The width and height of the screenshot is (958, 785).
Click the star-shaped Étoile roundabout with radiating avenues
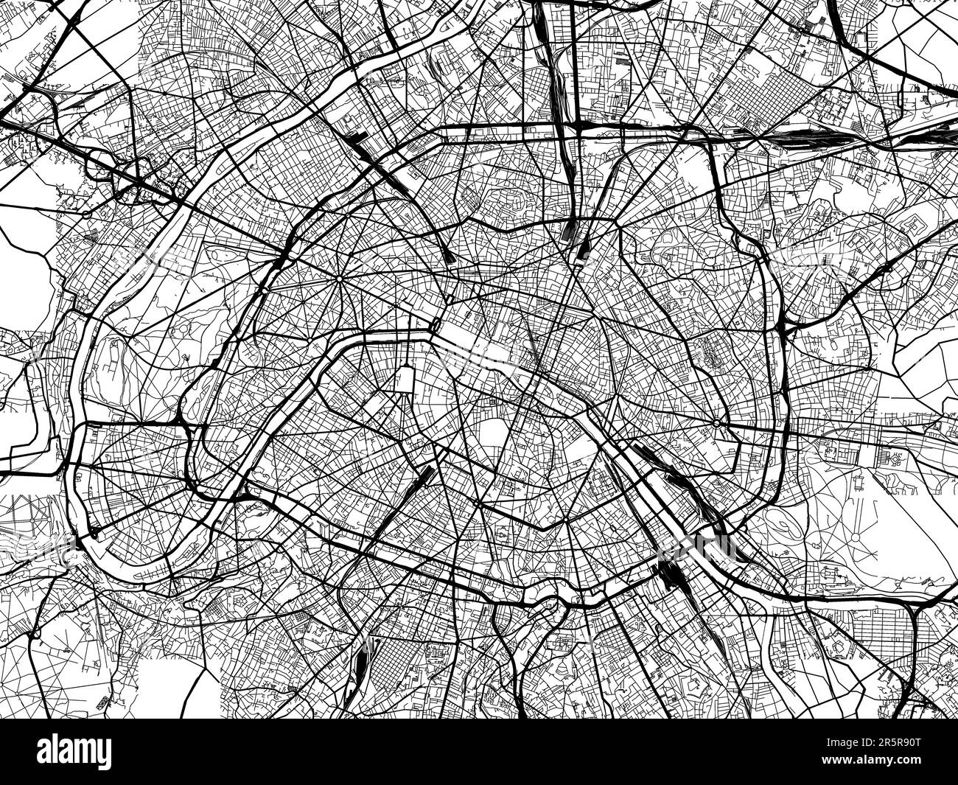click(x=338, y=281)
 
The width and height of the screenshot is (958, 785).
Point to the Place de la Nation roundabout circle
click(x=716, y=423)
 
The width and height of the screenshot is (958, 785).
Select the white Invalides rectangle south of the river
click(x=405, y=379)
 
